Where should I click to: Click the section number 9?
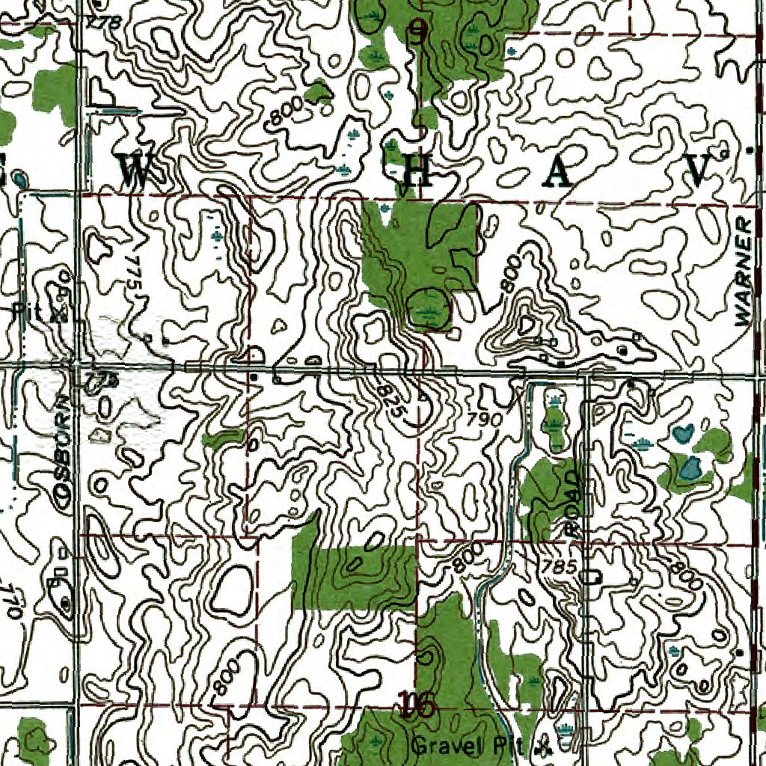pos(418,31)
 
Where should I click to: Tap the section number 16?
pos(416,705)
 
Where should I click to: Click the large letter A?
pos(559,173)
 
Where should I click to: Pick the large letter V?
pos(699,171)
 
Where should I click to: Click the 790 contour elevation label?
pos(485,420)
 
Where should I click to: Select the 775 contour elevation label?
pos(134,277)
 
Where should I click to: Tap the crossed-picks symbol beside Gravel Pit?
pos(545,746)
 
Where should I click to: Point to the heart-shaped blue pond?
pos(682,433)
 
